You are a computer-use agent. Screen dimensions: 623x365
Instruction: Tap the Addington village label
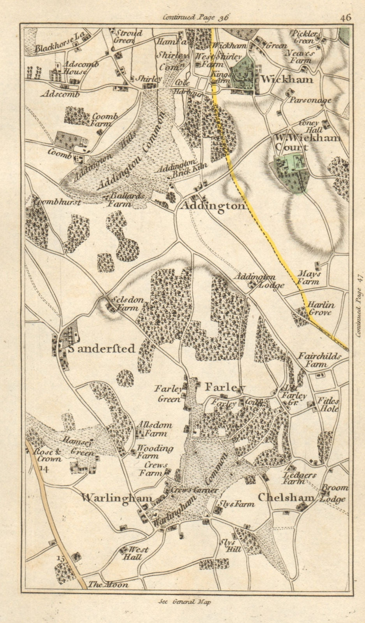pos(213,207)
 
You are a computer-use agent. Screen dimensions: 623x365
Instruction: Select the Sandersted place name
pos(102,348)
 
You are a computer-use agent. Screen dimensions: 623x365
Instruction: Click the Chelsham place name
pos(286,498)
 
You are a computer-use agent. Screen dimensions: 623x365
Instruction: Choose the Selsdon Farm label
pos(125,304)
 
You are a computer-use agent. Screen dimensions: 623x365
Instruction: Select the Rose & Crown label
pos(48,456)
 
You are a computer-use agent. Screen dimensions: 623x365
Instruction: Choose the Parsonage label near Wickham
pos(310,100)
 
